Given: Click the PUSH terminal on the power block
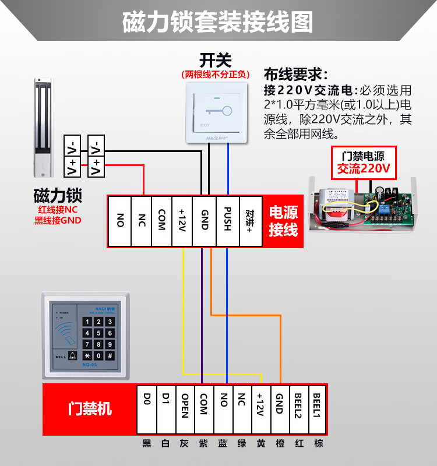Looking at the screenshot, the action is [228, 221].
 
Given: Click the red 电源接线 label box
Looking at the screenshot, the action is [283, 221].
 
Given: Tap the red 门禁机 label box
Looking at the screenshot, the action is [89, 409].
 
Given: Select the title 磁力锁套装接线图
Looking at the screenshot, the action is [218, 22].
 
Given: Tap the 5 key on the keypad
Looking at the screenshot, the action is [99, 333].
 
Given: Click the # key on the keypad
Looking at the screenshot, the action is [110, 355].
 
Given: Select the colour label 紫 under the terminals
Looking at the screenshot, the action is [203, 444].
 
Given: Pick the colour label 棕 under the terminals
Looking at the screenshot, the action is [318, 444].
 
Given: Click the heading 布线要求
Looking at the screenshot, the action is [295, 75].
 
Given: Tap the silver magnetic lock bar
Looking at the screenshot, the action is [42, 128].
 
